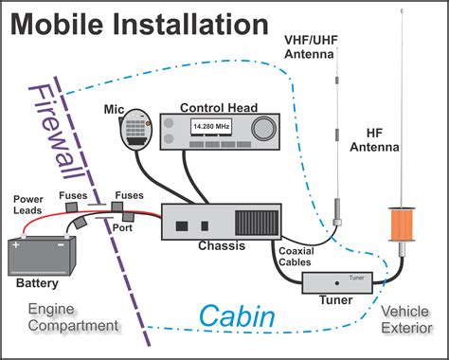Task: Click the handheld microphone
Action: point(140,131)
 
